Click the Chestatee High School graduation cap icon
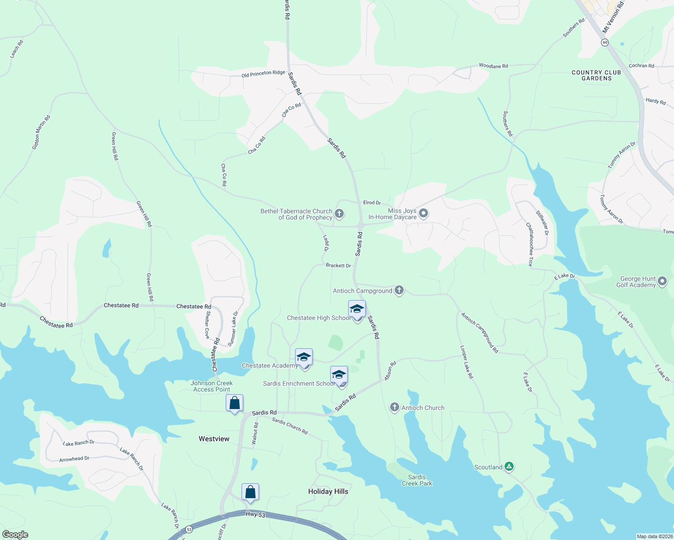(357, 310)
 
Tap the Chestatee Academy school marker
(304, 358)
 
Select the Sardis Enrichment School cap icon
(339, 375)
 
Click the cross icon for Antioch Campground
(399, 290)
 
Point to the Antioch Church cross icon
(395, 408)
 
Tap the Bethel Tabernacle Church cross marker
(340, 214)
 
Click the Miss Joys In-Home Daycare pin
(423, 213)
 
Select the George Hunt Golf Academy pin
(662, 282)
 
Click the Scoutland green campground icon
(509, 467)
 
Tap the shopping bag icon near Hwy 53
(250, 492)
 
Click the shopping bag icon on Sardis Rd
(234, 403)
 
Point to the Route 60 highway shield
(605, 42)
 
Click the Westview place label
(214, 439)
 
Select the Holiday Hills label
(328, 491)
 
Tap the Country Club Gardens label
(596, 75)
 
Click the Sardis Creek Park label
(417, 480)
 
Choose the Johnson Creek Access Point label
(212, 386)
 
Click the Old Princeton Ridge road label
(263, 73)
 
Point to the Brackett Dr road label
(338, 265)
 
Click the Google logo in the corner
(15, 535)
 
